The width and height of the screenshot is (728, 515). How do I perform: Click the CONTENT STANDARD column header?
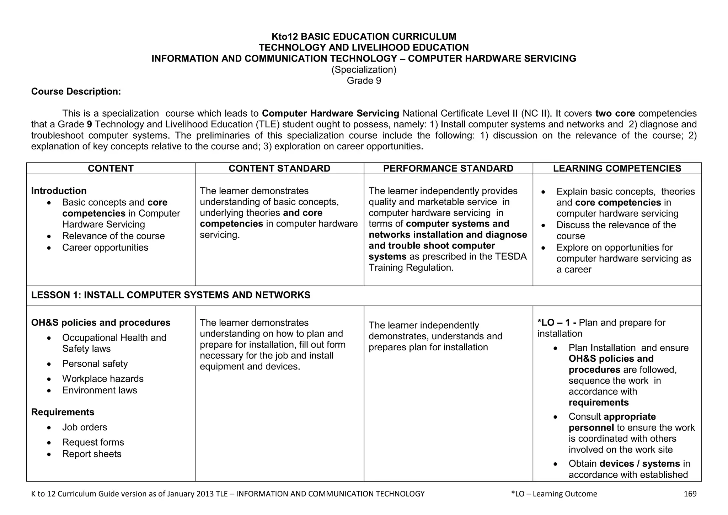tap(279, 168)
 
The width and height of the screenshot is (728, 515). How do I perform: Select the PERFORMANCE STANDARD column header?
tap(448, 168)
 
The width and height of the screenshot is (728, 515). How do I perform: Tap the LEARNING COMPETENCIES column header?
tap(617, 168)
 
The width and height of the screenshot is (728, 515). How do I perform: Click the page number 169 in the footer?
tap(690, 494)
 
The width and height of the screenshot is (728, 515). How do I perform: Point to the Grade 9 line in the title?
tap(364, 81)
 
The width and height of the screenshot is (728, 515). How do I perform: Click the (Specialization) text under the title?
tap(364, 70)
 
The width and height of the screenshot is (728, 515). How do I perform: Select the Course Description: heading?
tap(76, 92)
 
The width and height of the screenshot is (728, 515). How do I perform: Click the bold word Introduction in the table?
tap(59, 191)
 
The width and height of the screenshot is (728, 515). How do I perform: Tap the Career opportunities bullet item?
tap(105, 248)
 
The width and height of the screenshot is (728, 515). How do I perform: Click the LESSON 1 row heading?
tap(171, 295)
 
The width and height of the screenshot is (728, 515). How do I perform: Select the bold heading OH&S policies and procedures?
tap(101, 323)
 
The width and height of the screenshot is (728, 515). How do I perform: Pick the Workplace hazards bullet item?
tap(103, 379)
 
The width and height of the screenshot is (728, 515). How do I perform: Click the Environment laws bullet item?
tap(100, 390)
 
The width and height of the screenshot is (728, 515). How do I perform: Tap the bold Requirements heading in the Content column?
tap(63, 412)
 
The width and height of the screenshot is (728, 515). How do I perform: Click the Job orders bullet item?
tap(85, 427)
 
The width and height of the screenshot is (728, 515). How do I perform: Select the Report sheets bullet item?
tap(92, 454)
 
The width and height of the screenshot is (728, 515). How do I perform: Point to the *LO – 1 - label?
tap(557, 323)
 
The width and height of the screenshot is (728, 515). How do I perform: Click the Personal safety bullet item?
tap(95, 364)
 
